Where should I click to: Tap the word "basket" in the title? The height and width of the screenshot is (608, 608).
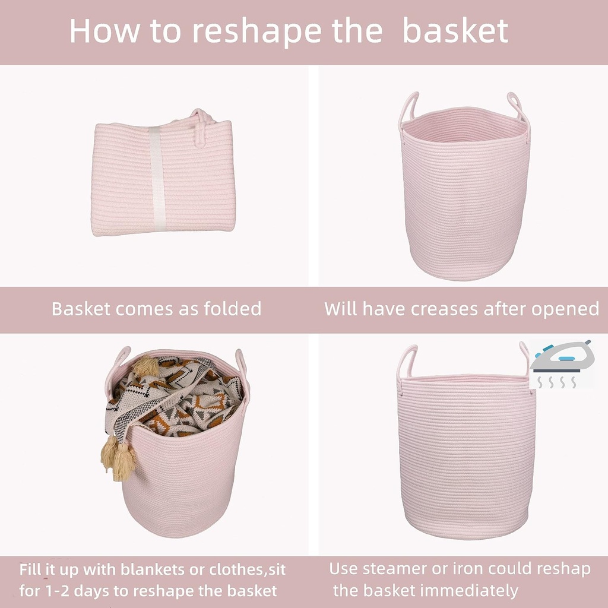tap(455, 30)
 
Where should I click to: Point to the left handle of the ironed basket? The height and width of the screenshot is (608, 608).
tap(407, 362)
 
